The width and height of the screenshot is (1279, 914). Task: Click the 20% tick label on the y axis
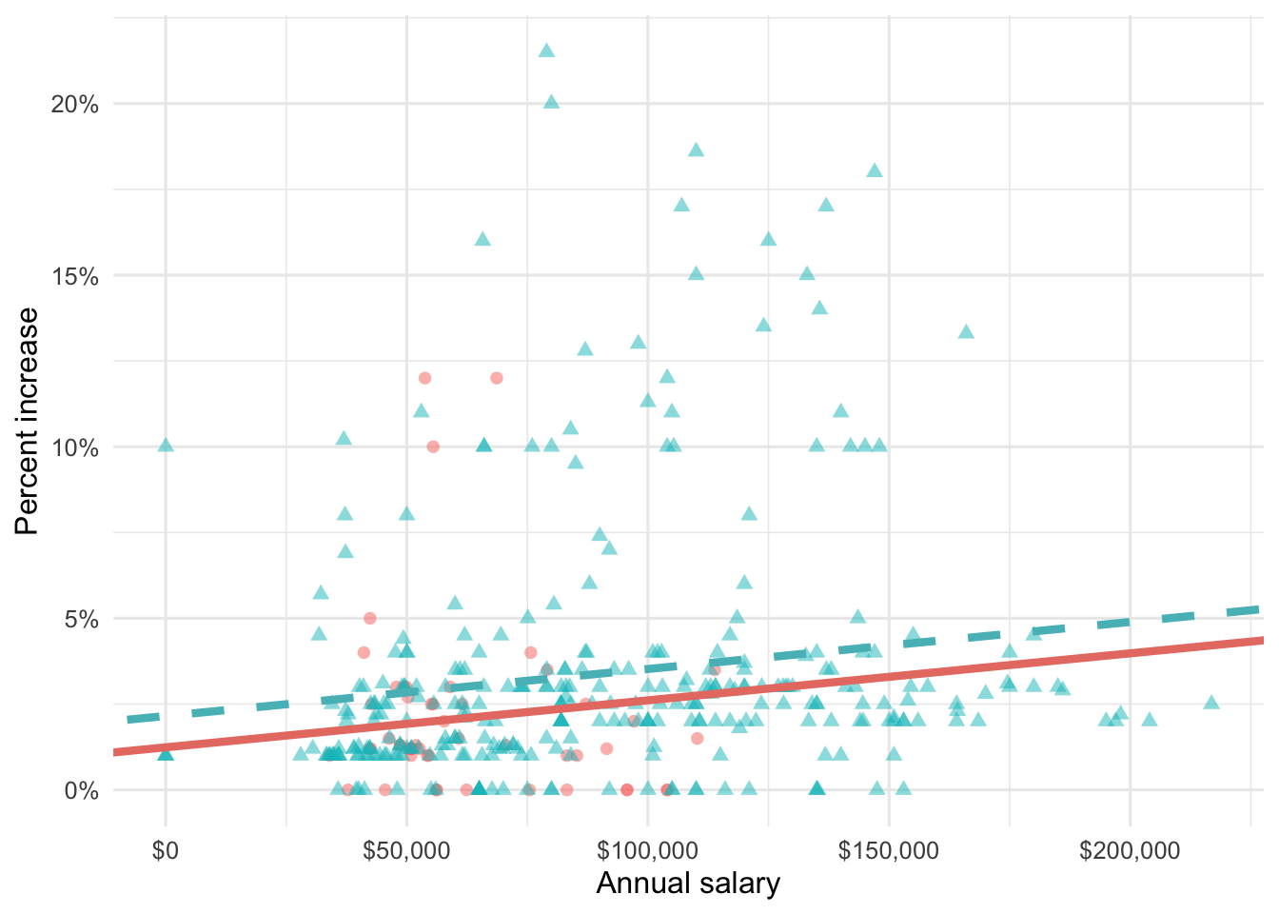[74, 105]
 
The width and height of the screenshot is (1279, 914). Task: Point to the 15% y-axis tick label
[74, 276]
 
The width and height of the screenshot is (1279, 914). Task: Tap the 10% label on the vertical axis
[74, 447]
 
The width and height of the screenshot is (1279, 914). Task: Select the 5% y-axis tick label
[80, 619]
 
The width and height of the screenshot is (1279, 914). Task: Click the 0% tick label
[80, 790]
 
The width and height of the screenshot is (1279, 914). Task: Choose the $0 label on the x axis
[166, 850]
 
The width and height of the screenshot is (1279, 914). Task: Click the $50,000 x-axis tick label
[406, 850]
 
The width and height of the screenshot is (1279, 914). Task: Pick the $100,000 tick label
[647, 850]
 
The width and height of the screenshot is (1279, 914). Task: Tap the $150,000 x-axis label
[889, 850]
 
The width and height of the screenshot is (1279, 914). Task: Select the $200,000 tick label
[1130, 850]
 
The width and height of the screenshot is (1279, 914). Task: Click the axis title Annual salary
[688, 884]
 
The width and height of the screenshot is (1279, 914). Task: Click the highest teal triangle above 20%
[546, 50]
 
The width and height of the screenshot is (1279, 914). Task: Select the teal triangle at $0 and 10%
[166, 446]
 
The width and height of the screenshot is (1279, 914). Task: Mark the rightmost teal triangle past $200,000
[1211, 703]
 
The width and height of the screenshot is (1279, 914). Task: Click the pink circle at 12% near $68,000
[496, 378]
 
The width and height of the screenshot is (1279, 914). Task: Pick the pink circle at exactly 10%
[433, 447]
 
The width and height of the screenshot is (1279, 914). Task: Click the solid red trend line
[761, 691]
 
